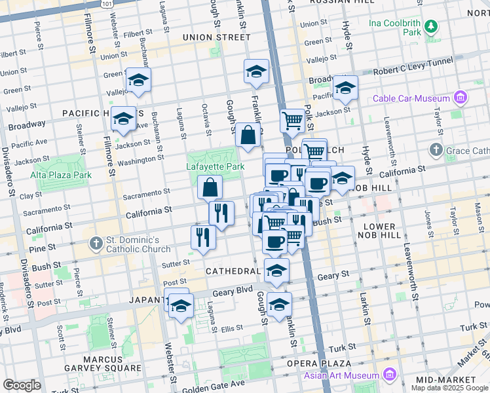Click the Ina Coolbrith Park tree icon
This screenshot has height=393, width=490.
(x=430, y=26)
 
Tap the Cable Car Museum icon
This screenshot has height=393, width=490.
(x=460, y=98)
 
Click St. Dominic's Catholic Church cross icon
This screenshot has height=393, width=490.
(x=96, y=244)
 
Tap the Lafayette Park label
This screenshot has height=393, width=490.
(x=216, y=166)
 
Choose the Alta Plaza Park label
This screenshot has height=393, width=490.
(x=60, y=175)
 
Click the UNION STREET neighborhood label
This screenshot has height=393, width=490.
(x=217, y=37)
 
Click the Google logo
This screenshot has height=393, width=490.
(x=22, y=385)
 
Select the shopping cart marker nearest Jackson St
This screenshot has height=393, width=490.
(x=292, y=120)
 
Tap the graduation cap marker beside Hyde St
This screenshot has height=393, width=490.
(x=345, y=88)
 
